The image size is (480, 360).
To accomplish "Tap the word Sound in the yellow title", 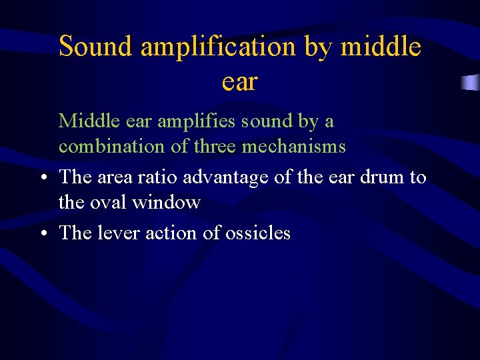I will (x=97, y=47).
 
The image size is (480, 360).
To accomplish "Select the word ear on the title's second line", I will (x=239, y=83).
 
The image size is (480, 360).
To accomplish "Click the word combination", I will (x=112, y=147).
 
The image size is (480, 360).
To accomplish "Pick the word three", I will (x=215, y=146).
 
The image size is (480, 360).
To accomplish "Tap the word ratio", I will (x=160, y=177).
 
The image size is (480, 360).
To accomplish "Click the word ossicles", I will (x=258, y=233).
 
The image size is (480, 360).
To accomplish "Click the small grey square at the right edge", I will (x=471, y=83).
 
